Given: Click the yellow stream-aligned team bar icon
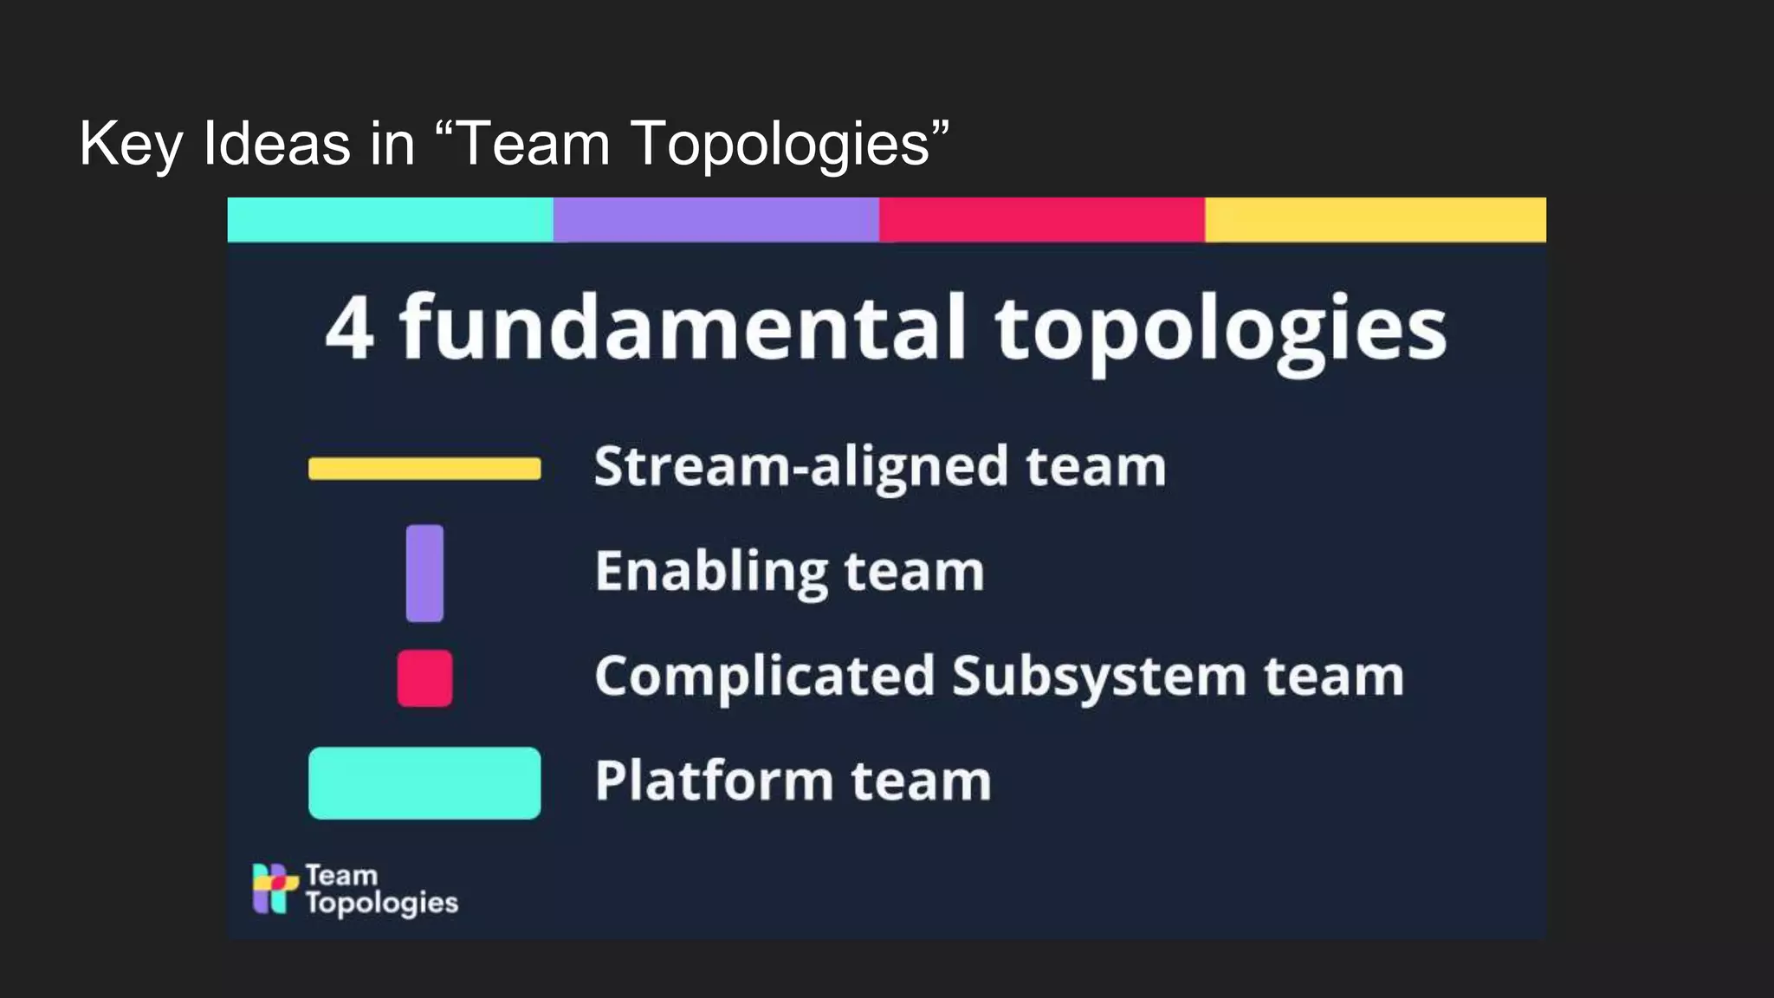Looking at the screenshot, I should pos(424,469).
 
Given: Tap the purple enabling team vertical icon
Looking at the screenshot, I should pos(424,573).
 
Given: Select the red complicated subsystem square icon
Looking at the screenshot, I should pos(424,678).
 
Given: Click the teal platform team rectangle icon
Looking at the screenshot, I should pos(424,783).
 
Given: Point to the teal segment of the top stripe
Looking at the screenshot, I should pos(390,219).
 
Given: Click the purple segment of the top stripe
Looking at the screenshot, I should pos(715,219).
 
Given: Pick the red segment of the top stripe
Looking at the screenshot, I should pos(1041,219).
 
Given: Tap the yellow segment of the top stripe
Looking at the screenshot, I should pos(1375,219).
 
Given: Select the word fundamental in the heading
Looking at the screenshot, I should pos(682,327).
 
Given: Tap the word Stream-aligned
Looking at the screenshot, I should pos(801,468).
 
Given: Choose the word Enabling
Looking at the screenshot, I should pos(711,573).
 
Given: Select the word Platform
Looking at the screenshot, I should pos(713,781).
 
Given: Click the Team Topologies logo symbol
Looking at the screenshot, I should pos(275,888).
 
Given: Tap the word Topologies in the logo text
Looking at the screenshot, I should pos(381,904).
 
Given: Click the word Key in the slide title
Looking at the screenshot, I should pos(130,145).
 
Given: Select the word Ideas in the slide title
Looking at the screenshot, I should pos(276,143).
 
